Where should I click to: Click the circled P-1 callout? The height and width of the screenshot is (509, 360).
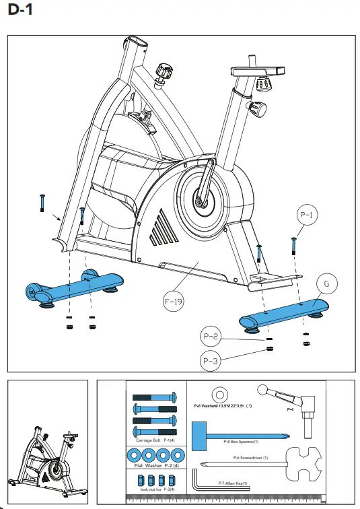click(306, 216)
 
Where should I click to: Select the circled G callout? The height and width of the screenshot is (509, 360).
click(326, 284)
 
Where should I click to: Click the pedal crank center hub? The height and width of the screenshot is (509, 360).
click(200, 199)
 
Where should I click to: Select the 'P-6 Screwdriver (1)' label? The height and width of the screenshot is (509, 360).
click(250, 457)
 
